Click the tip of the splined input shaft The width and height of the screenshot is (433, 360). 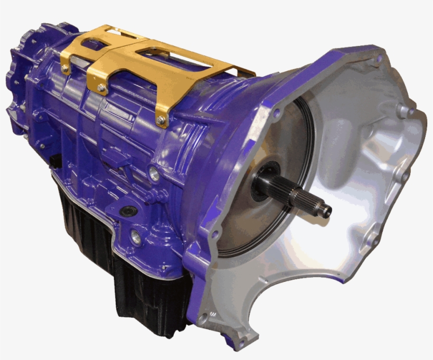[x=326, y=211]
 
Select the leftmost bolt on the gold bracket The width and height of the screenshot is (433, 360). [x=65, y=68]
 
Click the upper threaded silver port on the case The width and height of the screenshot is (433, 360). [x=154, y=172]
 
